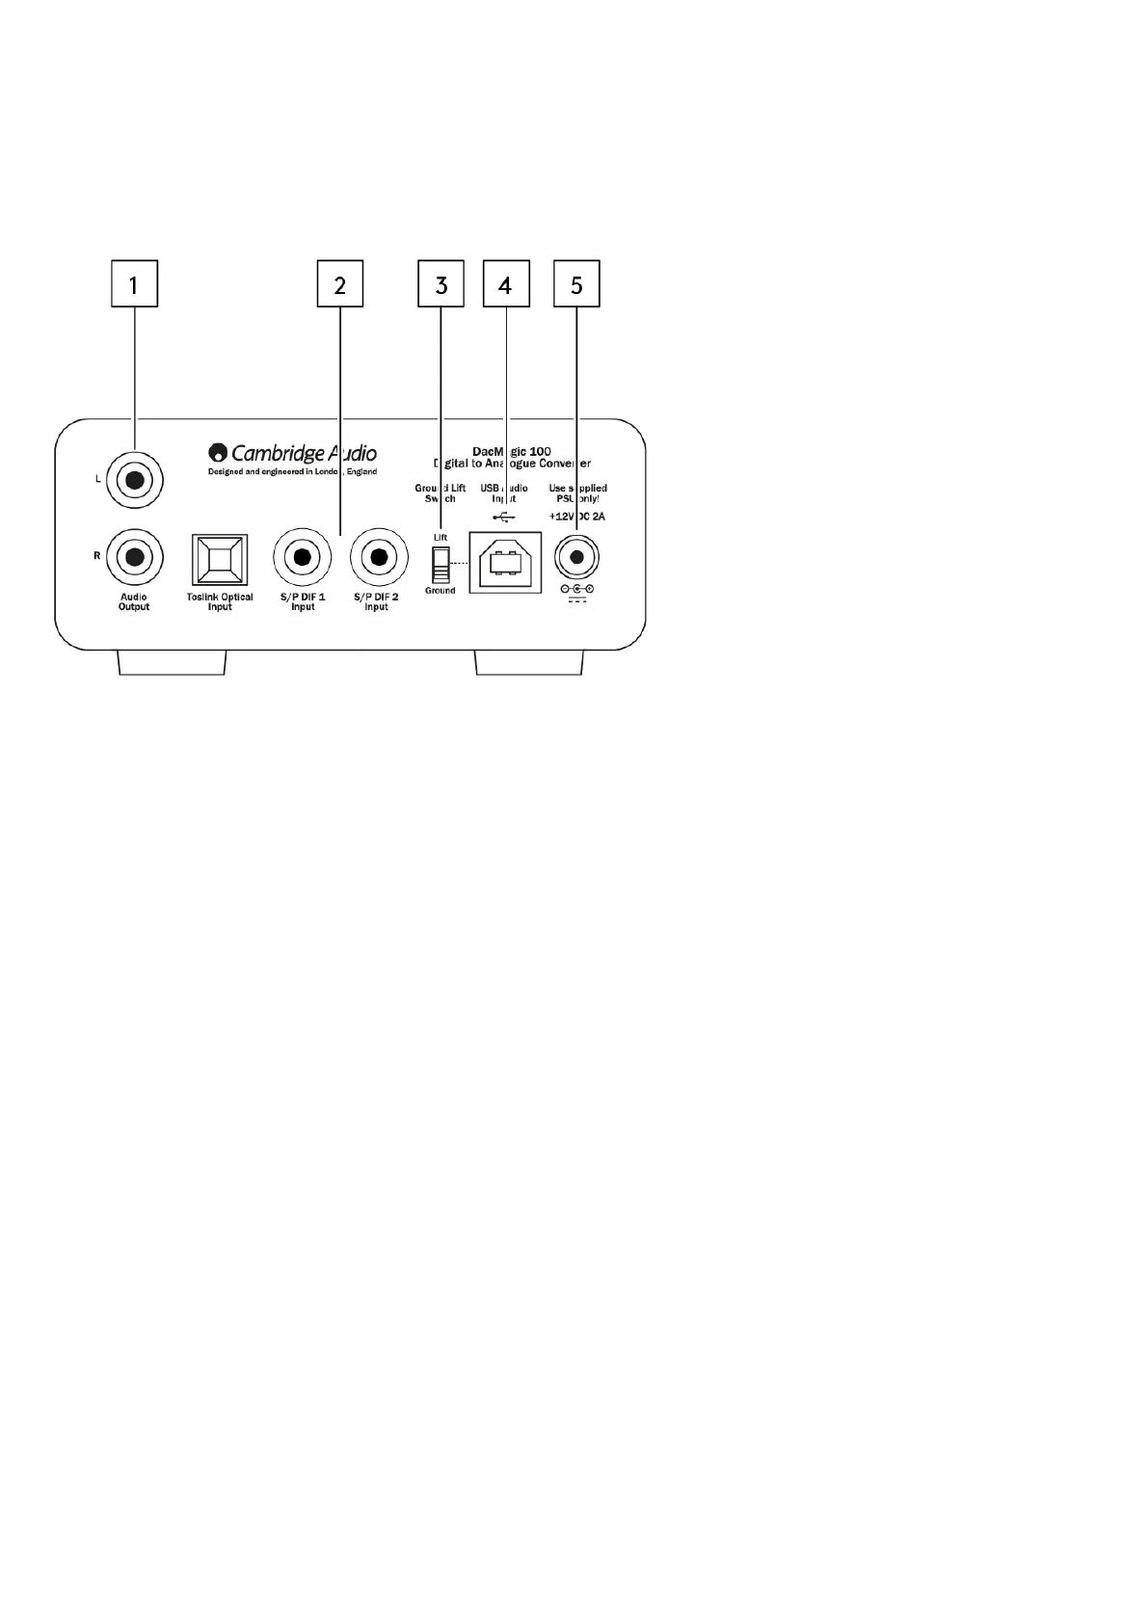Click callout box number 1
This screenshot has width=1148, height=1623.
click(134, 284)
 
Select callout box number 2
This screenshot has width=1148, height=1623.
click(340, 284)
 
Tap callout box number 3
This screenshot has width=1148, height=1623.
click(441, 284)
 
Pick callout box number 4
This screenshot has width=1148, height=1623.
click(505, 284)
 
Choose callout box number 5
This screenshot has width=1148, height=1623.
click(576, 284)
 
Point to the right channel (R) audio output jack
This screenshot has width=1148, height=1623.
click(135, 556)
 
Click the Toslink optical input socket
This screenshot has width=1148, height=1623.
click(221, 559)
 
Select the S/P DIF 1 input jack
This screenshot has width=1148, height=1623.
click(303, 557)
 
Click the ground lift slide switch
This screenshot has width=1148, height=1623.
click(441, 565)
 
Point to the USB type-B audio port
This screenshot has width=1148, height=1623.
click(505, 562)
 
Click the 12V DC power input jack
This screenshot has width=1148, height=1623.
click(576, 557)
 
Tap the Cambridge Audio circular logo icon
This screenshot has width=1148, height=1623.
click(218, 453)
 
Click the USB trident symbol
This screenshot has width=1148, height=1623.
click(503, 518)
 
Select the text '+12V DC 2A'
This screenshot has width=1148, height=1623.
click(576, 517)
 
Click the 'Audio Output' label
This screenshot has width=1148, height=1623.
click(134, 601)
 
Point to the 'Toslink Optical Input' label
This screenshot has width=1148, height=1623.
click(220, 601)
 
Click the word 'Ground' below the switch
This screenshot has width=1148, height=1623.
click(441, 591)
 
